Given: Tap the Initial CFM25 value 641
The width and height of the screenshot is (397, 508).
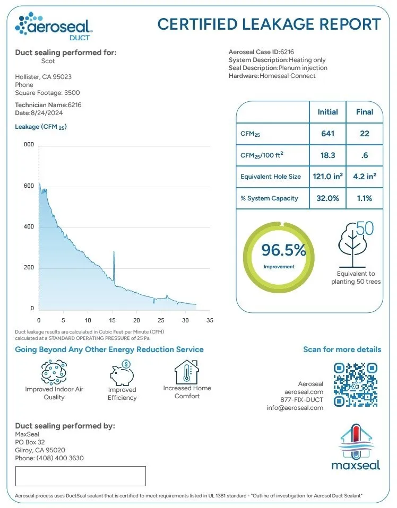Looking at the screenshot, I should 327,133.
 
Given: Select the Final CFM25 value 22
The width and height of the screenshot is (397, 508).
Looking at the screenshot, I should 364,133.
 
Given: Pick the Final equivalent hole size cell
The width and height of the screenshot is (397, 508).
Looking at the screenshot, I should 364,176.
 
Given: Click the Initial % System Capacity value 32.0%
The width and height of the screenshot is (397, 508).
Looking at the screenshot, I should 327,198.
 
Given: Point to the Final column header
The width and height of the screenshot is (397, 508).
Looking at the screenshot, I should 364,112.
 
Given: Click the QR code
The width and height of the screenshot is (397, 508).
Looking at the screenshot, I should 356,383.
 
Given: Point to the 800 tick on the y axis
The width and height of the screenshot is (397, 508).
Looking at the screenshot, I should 28,145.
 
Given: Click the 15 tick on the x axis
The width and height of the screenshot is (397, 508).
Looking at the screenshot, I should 112,320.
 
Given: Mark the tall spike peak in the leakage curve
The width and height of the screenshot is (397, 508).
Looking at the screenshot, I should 114,252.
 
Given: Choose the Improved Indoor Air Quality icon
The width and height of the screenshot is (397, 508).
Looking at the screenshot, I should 54,372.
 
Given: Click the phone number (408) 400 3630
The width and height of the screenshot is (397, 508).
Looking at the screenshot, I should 60,458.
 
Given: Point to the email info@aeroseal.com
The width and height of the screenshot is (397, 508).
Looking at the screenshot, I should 295,408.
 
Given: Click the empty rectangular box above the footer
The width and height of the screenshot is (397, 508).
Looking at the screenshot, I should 80,476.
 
